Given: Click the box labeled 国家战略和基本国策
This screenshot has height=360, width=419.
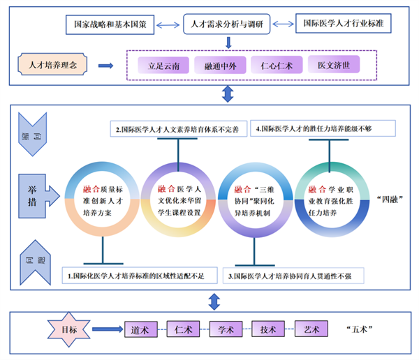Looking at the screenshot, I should pyautogui.click(x=110, y=24).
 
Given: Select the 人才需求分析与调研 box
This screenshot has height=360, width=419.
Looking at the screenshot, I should pyautogui.click(x=227, y=24).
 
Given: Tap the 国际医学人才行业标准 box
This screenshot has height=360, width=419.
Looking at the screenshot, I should pyautogui.click(x=342, y=24).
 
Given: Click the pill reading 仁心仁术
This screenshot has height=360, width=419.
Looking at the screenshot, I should pyautogui.click(x=274, y=66).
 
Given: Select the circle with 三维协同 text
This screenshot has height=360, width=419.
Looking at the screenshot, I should pyautogui.click(x=254, y=198).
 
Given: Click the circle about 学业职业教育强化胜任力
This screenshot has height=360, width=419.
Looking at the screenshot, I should pyautogui.click(x=330, y=198).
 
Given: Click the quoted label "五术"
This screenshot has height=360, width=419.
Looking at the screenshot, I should pyautogui.click(x=358, y=327).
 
